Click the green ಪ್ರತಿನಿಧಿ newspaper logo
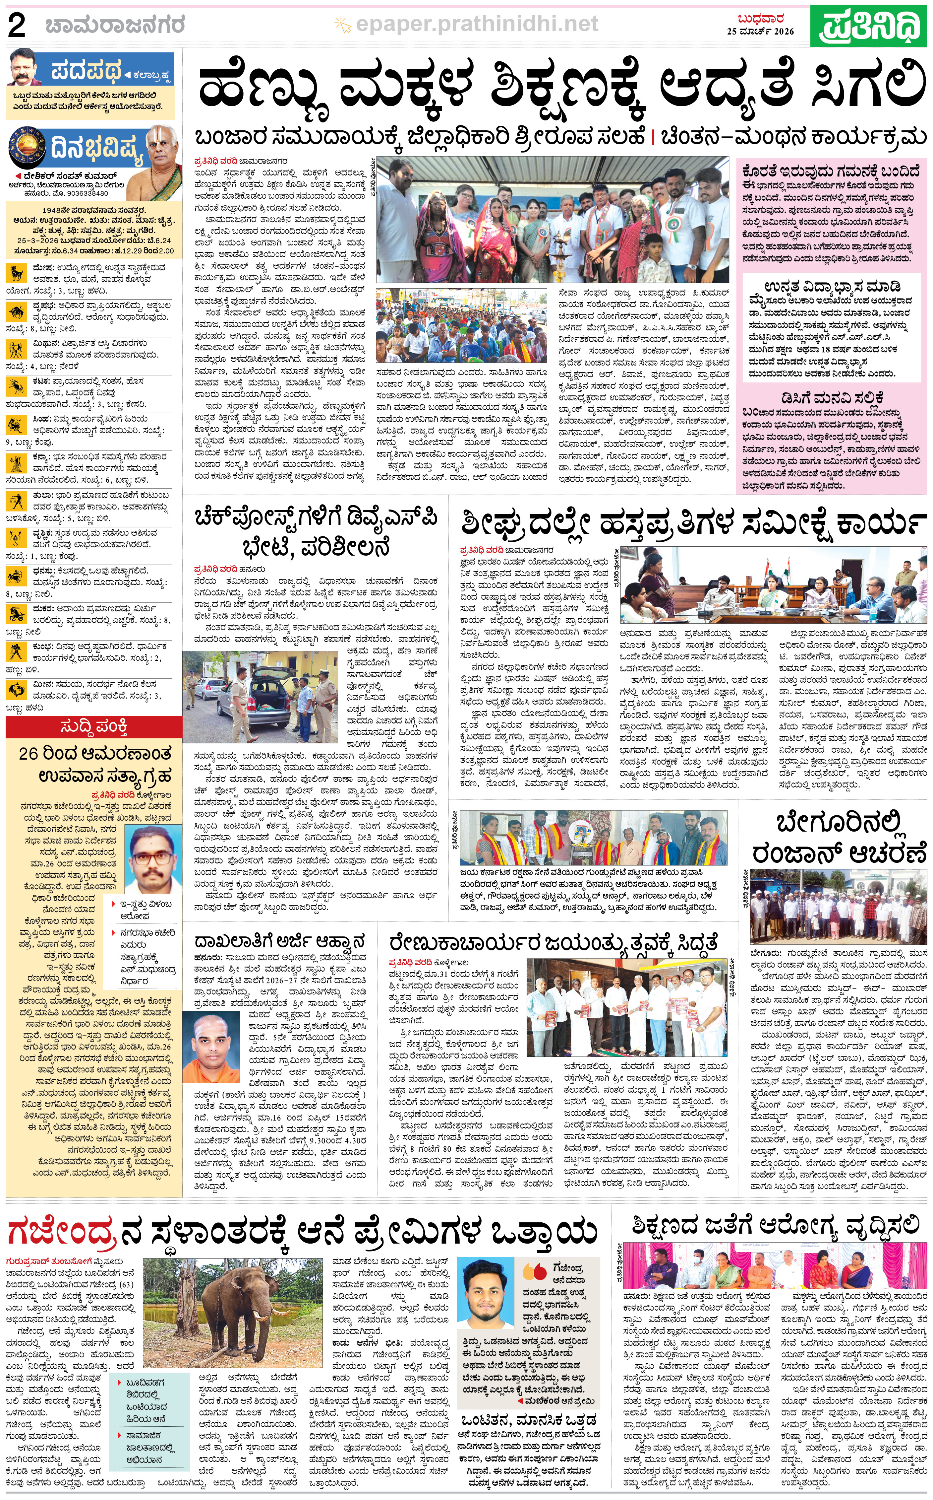[869, 26]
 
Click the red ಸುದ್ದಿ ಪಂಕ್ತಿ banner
[94, 727]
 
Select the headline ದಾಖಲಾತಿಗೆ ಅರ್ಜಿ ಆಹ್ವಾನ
[279, 941]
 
